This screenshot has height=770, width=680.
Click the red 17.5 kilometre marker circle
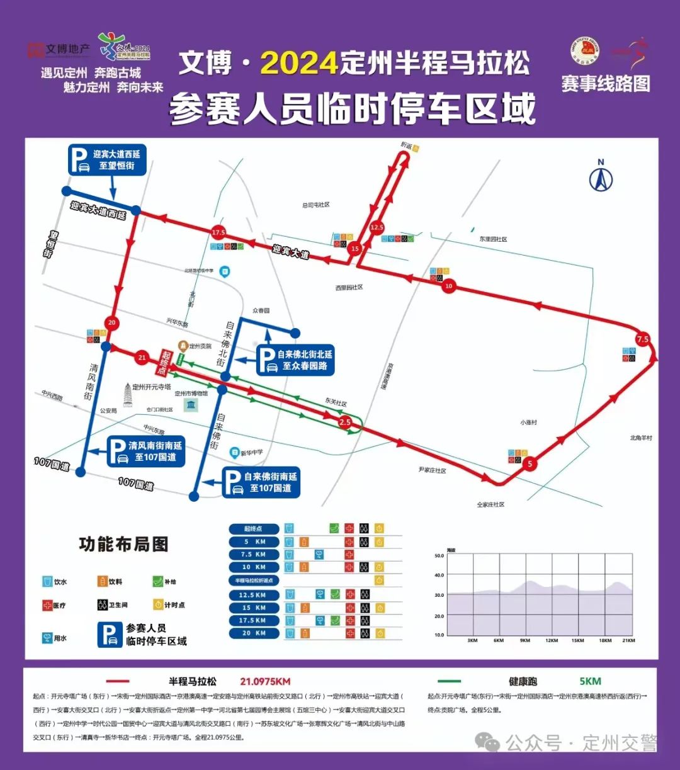tap(218, 232)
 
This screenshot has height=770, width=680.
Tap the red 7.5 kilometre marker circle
tap(642, 339)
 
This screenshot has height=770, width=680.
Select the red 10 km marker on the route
tap(448, 286)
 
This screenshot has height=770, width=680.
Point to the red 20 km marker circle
tap(112, 323)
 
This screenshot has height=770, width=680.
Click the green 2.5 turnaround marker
tap(344, 422)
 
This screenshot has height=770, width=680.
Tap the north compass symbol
tap(601, 178)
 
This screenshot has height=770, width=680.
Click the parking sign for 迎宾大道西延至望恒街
tap(108, 160)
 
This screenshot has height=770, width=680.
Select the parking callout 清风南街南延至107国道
tap(145, 451)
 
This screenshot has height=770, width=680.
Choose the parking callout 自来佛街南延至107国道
tap(261, 482)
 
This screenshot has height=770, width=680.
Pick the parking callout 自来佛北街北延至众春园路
tap(295, 360)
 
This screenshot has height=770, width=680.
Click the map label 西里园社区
tap(349, 288)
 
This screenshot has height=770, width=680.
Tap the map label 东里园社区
tap(493, 239)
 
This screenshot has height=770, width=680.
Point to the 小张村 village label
tap(529, 422)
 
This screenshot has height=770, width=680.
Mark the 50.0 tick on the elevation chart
tap(439, 556)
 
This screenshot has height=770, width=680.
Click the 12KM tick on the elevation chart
tap(552, 640)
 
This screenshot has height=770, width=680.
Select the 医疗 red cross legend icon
tap(47, 605)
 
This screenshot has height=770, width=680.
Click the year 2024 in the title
tap(299, 64)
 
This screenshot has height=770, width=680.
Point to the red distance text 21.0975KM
tap(265, 681)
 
